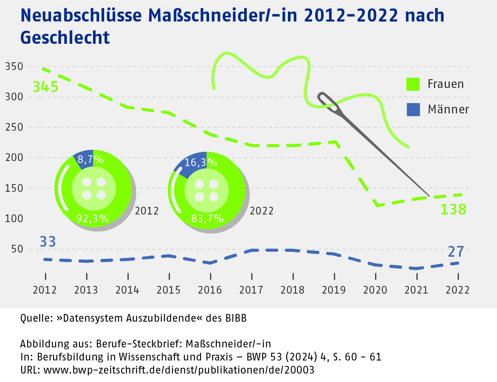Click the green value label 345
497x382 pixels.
pyautogui.click(x=45, y=87)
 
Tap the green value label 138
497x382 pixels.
pyautogui.click(x=453, y=209)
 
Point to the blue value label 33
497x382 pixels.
pyautogui.click(x=48, y=242)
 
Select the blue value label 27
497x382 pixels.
pyautogui.click(x=456, y=252)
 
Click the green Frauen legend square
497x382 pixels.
pyautogui.click(x=413, y=84)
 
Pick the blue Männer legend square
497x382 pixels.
pyautogui.click(x=413, y=110)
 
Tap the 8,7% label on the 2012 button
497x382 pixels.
pyautogui.click(x=91, y=159)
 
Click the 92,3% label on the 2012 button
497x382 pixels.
pyautogui.click(x=93, y=219)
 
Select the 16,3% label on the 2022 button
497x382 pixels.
pyautogui.click(x=201, y=163)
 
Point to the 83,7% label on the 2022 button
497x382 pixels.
pyautogui.click(x=207, y=219)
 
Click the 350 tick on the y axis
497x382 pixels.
pyautogui.click(x=14, y=66)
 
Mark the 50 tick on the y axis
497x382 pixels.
pyautogui.click(x=17, y=249)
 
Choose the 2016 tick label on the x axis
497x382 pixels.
pyautogui.click(x=210, y=290)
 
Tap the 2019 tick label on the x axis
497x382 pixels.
pyautogui.click(x=334, y=290)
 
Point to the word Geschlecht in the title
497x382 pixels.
pyautogui.click(x=65, y=38)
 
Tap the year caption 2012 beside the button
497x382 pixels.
pyautogui.click(x=147, y=211)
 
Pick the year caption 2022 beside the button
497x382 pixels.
pyautogui.click(x=262, y=211)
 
